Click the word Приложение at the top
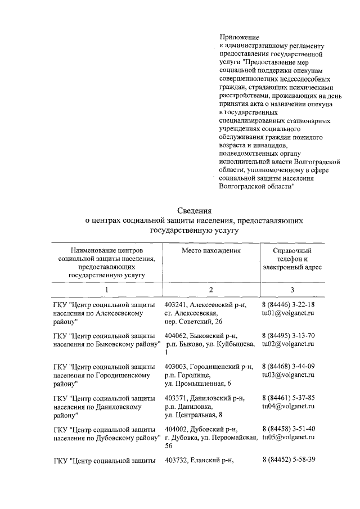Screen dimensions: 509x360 237,37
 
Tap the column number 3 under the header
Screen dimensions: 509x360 292,289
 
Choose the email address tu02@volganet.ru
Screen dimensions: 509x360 288,344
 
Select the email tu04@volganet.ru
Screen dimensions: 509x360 288,406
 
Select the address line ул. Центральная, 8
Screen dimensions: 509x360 193,415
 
